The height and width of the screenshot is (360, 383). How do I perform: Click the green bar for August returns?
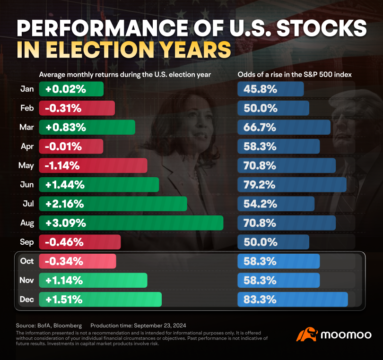coord(131,223)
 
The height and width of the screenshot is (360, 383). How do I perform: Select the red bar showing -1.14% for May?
coord(93,165)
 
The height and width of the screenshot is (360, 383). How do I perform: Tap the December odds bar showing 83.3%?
coord(292,300)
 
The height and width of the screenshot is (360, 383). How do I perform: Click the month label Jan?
coord(27,89)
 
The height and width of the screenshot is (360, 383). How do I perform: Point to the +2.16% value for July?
coord(65,204)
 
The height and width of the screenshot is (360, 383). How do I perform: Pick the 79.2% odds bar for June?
coord(291,185)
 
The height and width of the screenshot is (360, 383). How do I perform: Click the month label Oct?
coord(26,261)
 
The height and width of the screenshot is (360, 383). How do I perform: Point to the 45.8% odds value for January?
coord(260,89)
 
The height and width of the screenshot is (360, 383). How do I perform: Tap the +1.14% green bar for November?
coord(93,281)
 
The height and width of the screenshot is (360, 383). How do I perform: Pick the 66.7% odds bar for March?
coord(284,127)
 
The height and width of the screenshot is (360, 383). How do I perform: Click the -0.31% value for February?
coord(63,108)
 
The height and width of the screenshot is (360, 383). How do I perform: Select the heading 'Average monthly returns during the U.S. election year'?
coord(125,74)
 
